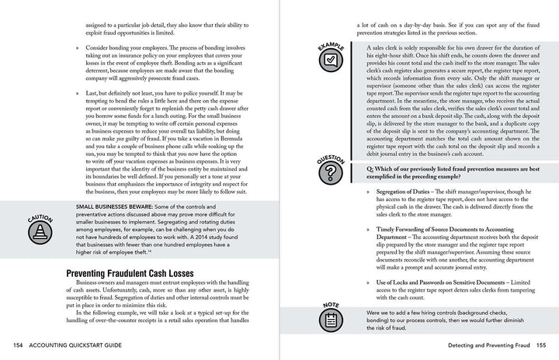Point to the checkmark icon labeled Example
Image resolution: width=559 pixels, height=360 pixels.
point(330,58)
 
